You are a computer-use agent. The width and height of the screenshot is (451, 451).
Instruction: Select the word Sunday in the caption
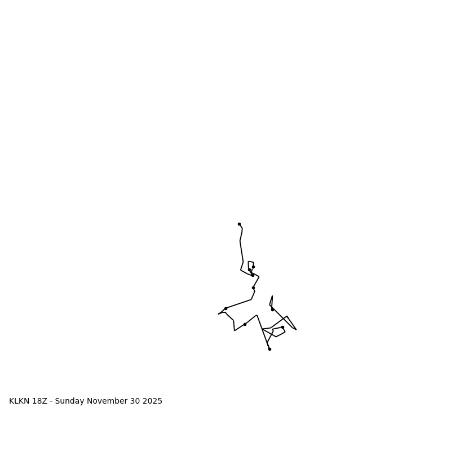pos(71,401)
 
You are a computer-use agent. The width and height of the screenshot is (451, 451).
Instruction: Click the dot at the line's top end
pos(239,224)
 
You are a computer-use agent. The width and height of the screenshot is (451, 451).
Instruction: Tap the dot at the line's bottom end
pos(269,349)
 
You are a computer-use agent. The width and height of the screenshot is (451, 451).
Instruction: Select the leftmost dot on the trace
pos(225,308)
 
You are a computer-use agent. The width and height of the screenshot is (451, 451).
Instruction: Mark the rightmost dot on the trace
pos(282,327)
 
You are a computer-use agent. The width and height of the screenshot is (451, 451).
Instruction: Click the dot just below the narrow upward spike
pos(272,309)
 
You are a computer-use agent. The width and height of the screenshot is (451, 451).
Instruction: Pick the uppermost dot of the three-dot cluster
pos(253,267)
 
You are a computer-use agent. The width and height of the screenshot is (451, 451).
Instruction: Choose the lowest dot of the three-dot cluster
pos(253,275)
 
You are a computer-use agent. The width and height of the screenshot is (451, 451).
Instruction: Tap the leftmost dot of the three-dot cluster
pos(249,269)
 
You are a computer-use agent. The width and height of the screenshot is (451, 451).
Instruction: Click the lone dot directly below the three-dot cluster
pos(253,288)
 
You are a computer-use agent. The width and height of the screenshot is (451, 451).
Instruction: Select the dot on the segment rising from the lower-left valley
pos(245,324)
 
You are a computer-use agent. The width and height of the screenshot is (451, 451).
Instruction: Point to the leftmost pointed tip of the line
pos(218,314)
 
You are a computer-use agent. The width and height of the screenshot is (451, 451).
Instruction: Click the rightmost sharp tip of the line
pos(296,329)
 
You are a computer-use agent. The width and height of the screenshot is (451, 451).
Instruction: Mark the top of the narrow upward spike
pos(272,296)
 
